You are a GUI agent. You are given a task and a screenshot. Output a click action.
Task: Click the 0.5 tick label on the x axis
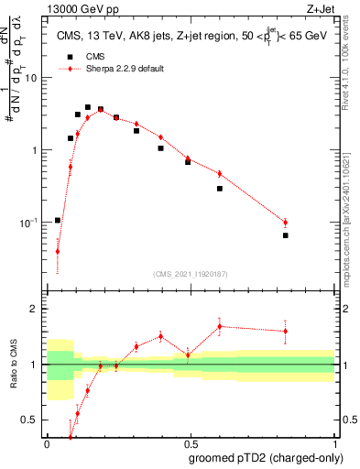(x=190, y=443)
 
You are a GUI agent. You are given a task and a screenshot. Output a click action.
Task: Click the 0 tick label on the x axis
(x=47, y=443)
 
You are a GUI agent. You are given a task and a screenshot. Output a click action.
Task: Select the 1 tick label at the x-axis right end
(x=334, y=443)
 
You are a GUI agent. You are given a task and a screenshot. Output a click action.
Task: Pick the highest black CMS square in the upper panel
(x=88, y=107)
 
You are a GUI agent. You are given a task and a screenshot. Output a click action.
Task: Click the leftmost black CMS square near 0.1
(x=58, y=220)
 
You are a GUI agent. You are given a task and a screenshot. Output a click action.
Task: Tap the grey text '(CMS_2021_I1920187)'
(x=190, y=273)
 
